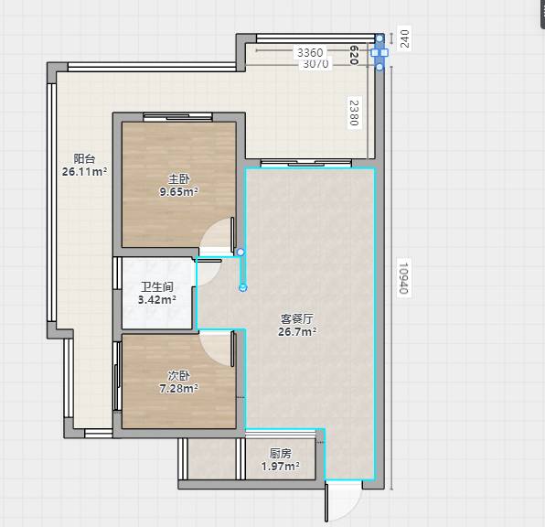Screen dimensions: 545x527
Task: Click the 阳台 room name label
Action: click(84, 158)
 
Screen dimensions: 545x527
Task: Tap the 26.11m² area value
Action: click(84, 171)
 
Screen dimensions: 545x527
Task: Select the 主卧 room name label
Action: click(178, 178)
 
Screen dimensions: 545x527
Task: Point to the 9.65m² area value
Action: click(178, 191)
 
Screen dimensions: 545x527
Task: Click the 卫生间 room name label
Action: click(157, 287)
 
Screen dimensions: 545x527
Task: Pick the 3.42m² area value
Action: click(156, 299)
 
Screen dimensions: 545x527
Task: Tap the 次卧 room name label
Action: click(178, 375)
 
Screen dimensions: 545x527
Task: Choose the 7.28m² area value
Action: click(178, 388)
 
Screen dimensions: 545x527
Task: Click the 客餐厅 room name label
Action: click(297, 318)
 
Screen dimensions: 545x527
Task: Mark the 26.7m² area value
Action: click(297, 331)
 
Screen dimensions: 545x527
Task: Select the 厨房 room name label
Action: click(281, 453)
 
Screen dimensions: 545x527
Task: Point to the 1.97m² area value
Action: click(281, 466)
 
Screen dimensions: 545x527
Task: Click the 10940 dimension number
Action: click(404, 278)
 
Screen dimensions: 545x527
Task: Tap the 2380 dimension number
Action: click(354, 113)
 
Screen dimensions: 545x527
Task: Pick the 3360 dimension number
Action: click(310, 52)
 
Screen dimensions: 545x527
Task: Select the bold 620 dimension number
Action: click(354, 55)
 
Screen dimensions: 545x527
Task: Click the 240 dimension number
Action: click(404, 38)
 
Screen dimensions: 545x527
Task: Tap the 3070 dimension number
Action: click(315, 64)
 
